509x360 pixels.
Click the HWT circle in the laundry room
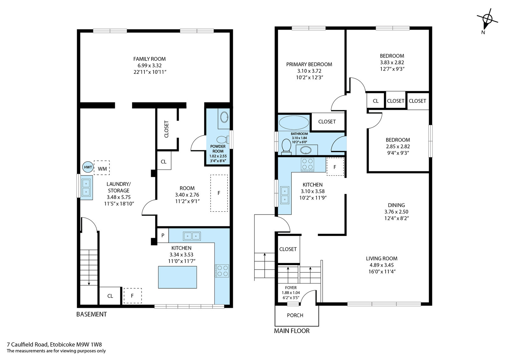(88, 167)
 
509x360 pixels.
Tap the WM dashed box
(102, 168)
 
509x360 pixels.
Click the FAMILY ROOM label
(149, 59)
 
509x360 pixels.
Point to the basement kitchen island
(178, 277)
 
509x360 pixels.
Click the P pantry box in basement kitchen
(163, 235)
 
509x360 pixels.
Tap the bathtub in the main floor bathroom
(294, 123)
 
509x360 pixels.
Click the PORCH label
(295, 315)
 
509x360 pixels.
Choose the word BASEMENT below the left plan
(92, 314)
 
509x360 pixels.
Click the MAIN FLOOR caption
(292, 331)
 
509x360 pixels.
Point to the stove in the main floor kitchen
(307, 165)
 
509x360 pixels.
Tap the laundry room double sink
(86, 187)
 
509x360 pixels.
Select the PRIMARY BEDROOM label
(309, 64)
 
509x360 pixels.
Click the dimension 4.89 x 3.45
(381, 265)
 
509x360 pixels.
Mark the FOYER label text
(291, 288)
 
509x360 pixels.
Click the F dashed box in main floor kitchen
(335, 167)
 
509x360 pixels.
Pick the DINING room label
(396, 205)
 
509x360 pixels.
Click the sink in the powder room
(224, 117)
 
